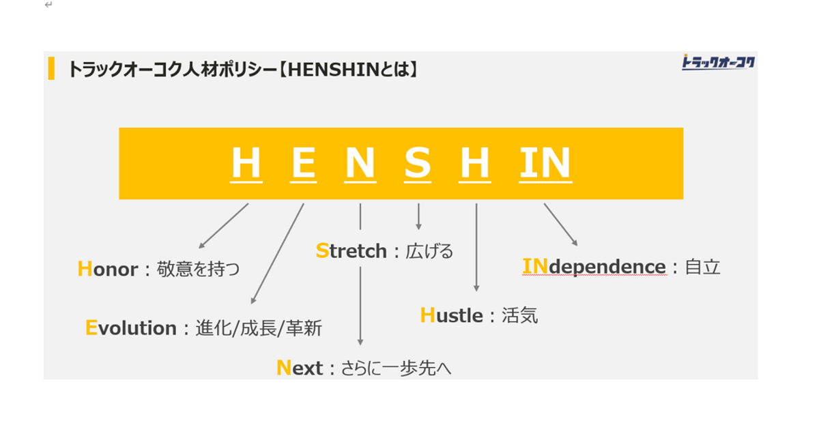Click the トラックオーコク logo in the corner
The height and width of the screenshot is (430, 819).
718,63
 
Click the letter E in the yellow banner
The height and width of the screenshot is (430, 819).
303,163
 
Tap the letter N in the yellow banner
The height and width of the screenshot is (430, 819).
360,163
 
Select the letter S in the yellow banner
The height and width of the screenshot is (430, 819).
417,163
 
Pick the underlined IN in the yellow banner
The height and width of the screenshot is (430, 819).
545,163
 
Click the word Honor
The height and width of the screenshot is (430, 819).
108,269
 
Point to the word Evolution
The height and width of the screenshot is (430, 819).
131,328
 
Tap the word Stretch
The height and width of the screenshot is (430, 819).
351,251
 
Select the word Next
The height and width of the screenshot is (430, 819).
300,369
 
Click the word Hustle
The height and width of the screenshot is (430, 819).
452,315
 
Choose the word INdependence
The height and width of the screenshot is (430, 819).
594,266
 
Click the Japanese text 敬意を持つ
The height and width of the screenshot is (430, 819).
199,269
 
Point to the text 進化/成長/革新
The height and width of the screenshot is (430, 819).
259,328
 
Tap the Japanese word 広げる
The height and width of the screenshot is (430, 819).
429,251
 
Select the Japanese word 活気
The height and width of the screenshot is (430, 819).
520,315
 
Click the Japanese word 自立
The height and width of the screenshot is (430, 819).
703,266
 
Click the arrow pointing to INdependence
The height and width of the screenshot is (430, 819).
560,224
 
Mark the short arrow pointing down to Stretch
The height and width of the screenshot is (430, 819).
418,216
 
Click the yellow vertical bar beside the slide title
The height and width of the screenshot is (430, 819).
51,69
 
